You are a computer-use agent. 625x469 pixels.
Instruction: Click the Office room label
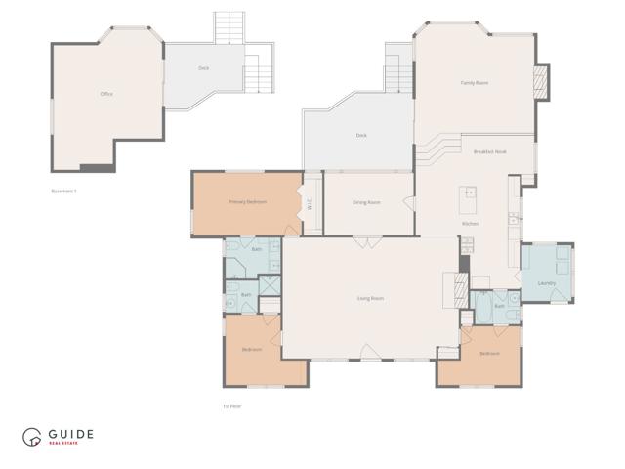pos(106,94)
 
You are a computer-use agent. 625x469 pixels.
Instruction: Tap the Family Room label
pos(475,83)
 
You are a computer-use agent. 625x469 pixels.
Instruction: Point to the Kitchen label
pos(470,224)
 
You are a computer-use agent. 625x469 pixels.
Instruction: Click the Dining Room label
pos(366,202)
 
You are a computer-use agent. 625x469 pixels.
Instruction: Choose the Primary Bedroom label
pos(247,202)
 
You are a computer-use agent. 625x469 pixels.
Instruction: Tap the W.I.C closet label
pos(309,204)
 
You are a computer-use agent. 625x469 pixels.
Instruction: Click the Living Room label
pos(370,298)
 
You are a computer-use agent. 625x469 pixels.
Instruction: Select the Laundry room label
pos(547,283)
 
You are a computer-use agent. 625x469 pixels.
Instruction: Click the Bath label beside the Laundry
pos(499,306)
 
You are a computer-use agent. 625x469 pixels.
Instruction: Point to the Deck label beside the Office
pos(203,68)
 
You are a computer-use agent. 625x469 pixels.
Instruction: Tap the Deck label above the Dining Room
pos(361,135)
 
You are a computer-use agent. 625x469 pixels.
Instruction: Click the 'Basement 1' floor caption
pos(63,191)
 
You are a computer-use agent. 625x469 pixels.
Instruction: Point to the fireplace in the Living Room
pos(452,289)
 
